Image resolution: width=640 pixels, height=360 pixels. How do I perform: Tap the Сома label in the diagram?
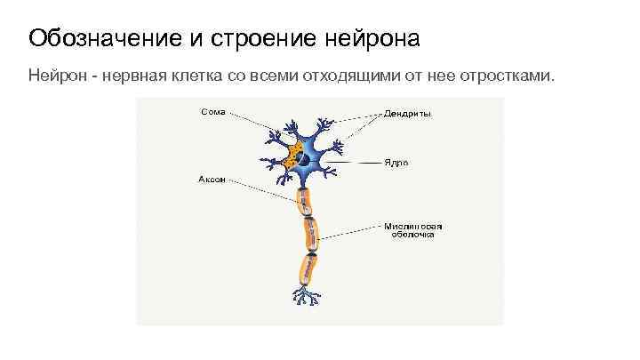coord(212,113)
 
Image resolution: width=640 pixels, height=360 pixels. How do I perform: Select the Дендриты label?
coord(408,114)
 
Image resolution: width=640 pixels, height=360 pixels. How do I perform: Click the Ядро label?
coord(396,164)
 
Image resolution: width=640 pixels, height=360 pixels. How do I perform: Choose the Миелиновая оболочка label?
coord(413,230)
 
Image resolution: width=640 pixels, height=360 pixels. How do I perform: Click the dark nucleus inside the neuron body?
coord(304,160)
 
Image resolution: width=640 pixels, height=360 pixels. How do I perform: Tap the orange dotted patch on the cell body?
coord(290,158)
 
